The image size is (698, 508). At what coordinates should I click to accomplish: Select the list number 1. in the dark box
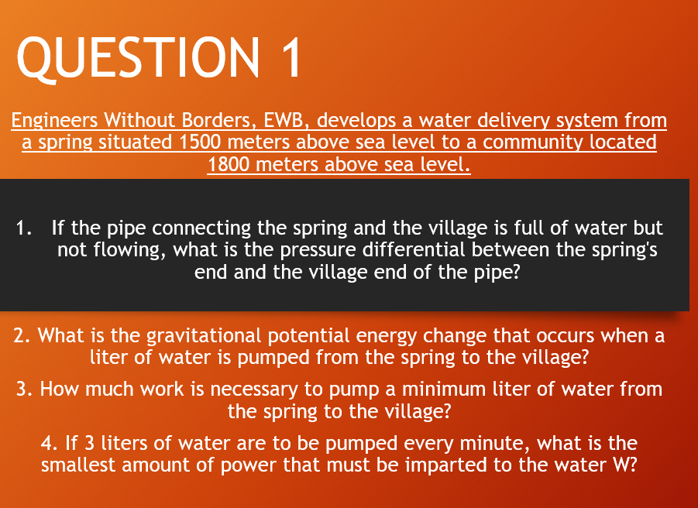[25, 228]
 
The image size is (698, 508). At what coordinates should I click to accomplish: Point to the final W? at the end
[622, 466]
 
